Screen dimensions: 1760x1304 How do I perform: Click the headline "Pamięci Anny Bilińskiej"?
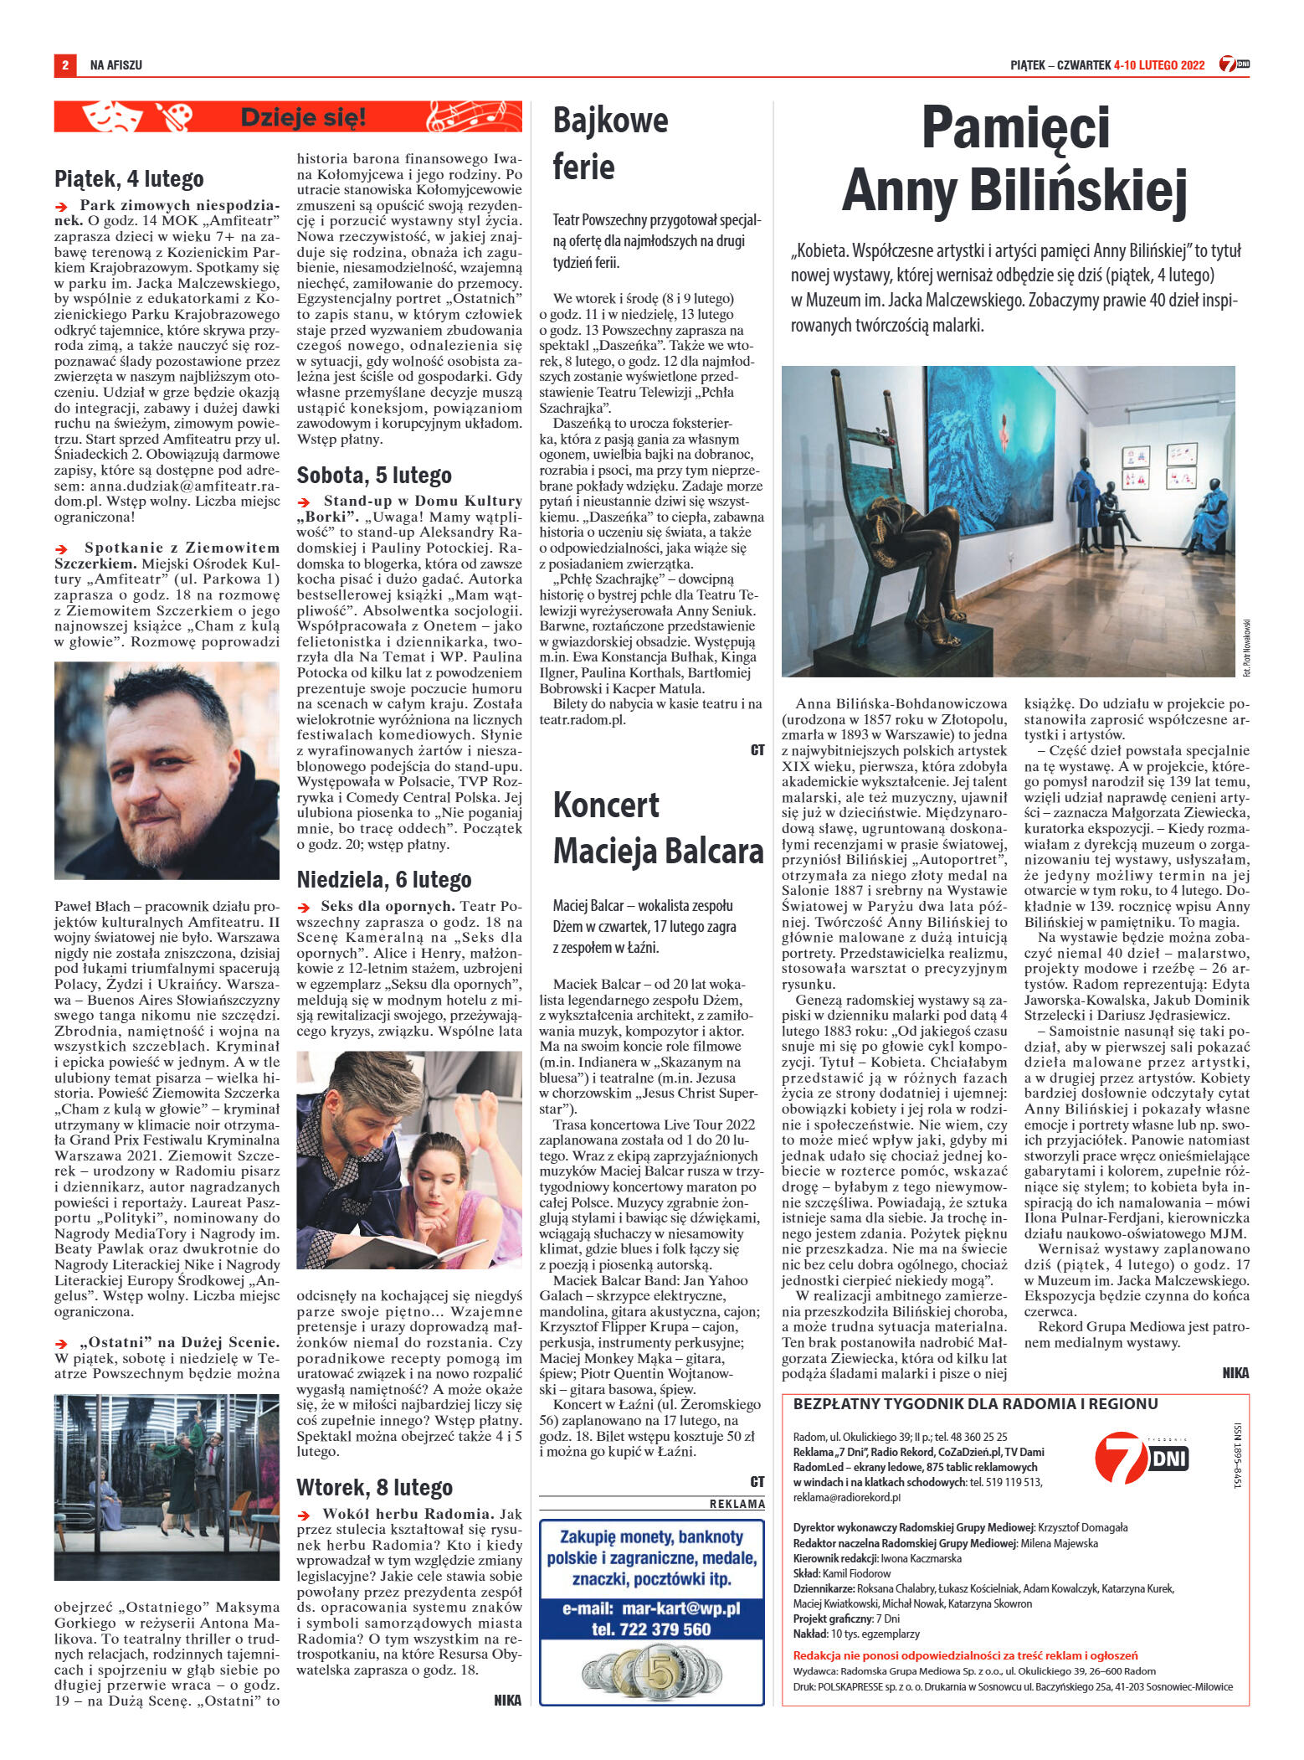pos(1014,160)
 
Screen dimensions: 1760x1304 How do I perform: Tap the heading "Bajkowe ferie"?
pos(610,144)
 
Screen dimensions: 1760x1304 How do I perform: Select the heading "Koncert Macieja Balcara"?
pos(658,827)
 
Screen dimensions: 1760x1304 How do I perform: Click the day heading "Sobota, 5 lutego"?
pos(374,476)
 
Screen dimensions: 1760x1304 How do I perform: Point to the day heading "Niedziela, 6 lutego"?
pos(384,880)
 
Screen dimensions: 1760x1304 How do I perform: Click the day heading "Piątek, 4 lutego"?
pos(129,178)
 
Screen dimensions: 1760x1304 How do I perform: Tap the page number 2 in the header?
pos(64,64)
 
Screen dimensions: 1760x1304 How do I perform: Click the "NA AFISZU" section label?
pos(116,64)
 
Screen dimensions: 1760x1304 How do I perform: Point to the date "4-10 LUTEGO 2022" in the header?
pos(1159,64)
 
